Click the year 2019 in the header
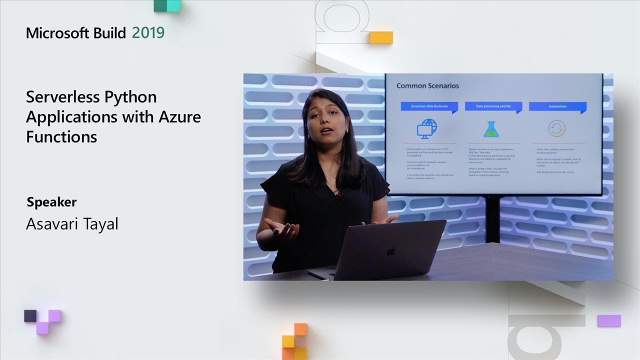pyautogui.click(x=148, y=33)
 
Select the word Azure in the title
pyautogui.click(x=179, y=116)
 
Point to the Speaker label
pyautogui.click(x=51, y=202)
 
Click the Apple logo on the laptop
pyautogui.click(x=390, y=251)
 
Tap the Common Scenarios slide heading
pyautogui.click(x=427, y=85)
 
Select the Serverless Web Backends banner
pyautogui.click(x=428, y=106)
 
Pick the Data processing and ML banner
pyautogui.click(x=492, y=106)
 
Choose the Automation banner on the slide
pyautogui.click(x=557, y=106)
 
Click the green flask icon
pyautogui.click(x=492, y=129)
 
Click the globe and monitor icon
pyautogui.click(x=427, y=128)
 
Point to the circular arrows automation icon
pyautogui.click(x=556, y=128)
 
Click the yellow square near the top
pyautogui.click(x=381, y=37)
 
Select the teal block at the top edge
pyautogui.click(x=166, y=5)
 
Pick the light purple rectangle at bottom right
pyautogui.click(x=609, y=320)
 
